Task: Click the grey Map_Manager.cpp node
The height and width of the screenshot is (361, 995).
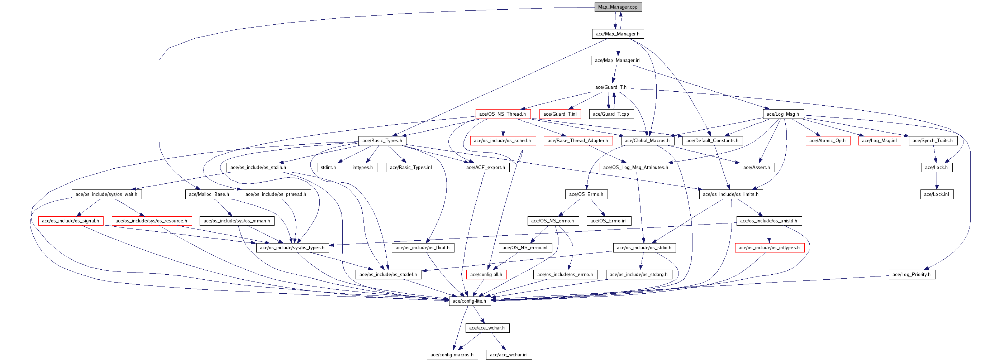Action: (x=618, y=7)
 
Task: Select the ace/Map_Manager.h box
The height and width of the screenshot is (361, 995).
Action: (x=618, y=34)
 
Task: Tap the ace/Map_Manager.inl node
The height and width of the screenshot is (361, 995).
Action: (x=618, y=61)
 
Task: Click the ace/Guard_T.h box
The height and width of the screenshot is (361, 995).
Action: (x=611, y=87)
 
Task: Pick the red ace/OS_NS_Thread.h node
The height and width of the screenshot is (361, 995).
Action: (x=503, y=114)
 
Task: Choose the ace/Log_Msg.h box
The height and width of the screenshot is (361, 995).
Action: (x=783, y=114)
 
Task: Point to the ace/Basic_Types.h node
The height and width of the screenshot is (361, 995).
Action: (x=382, y=140)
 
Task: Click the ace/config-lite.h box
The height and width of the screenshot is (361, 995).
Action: (x=469, y=301)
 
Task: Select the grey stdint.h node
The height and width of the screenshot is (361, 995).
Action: (x=328, y=168)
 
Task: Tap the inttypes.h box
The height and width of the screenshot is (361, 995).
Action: (x=363, y=168)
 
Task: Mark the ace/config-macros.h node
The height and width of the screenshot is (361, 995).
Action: (x=452, y=355)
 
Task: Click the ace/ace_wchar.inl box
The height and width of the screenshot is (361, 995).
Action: (x=509, y=355)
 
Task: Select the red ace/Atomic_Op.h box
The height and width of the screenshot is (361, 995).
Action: (x=827, y=140)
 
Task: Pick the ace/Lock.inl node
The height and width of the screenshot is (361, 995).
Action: (x=936, y=194)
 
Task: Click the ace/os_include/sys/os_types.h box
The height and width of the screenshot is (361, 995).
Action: (x=292, y=248)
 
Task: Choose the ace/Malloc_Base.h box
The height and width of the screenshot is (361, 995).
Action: (x=209, y=194)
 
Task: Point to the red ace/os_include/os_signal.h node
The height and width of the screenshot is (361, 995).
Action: (x=70, y=221)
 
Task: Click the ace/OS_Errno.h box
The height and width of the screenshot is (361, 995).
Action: (x=586, y=194)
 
